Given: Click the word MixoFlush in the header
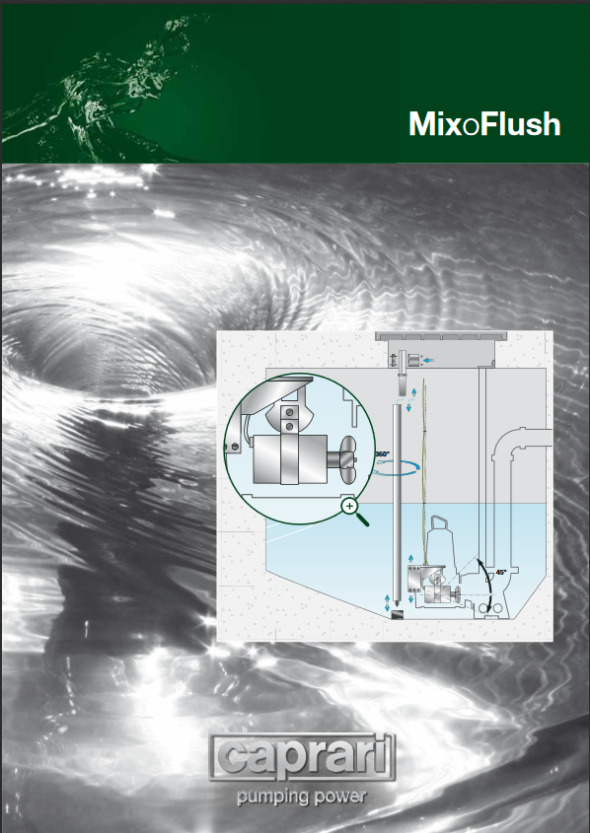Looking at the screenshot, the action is tap(484, 124).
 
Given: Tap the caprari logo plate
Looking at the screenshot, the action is tap(302, 757).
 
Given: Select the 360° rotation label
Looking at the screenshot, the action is tap(382, 454).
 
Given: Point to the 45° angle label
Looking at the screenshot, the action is tap(500, 573).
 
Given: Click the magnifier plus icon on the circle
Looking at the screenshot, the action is tap(349, 507).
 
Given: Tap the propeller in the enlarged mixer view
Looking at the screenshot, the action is tap(348, 459).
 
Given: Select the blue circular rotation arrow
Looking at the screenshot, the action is tap(397, 467).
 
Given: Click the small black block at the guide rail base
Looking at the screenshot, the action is tap(397, 615).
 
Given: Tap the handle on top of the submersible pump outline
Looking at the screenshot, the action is tap(439, 523).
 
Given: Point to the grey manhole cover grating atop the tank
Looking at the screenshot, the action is tap(441, 336).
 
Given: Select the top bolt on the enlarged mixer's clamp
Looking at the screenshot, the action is tap(289, 412).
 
